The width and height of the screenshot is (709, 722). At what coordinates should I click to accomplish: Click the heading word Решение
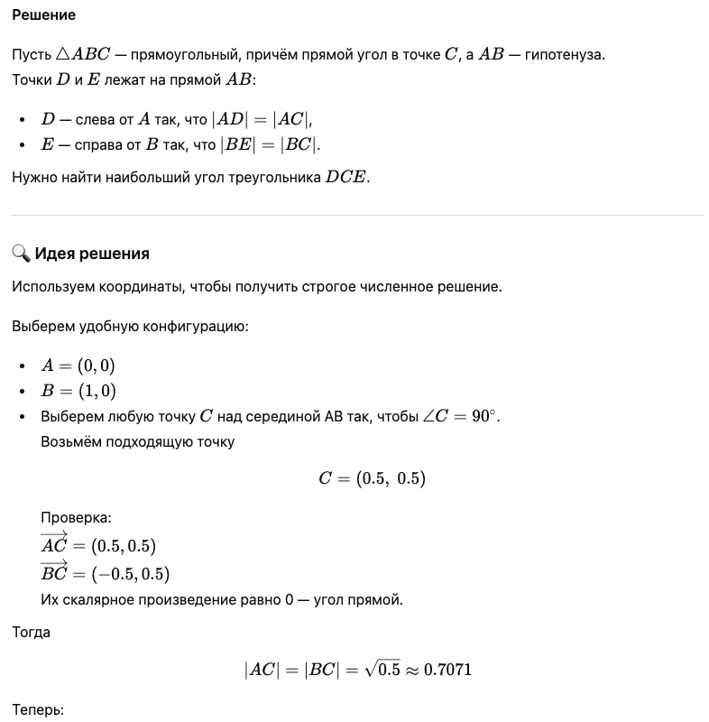point(43,15)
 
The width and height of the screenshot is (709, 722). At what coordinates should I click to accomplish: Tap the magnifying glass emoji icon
point(21,253)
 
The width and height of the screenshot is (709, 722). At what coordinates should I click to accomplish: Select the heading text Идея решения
point(92,254)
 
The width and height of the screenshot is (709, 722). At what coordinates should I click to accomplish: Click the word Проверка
point(76,519)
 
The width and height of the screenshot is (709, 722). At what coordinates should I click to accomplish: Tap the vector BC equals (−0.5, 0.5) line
point(105,572)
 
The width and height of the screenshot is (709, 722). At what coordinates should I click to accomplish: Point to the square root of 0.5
point(382,669)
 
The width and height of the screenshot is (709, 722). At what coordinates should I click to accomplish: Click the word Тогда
point(31,633)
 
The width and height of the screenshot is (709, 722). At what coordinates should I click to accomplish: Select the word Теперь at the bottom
point(38,710)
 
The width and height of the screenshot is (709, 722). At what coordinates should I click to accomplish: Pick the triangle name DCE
point(346,177)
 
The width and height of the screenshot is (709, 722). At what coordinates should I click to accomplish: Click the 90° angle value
point(483,417)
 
